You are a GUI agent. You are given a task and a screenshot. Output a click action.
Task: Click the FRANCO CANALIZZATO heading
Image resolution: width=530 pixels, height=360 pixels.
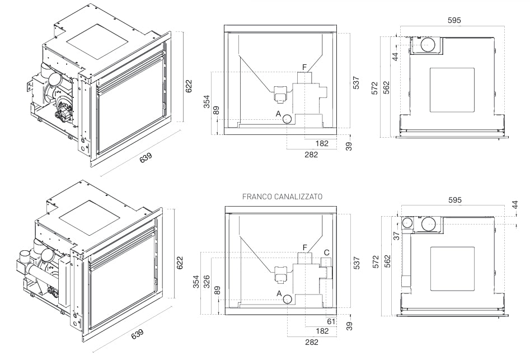pos(282,197)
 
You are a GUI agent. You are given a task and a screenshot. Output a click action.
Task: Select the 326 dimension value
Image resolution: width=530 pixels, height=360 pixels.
pos(207,282)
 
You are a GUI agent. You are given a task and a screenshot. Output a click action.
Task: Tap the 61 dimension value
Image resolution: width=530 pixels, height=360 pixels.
pos(331,321)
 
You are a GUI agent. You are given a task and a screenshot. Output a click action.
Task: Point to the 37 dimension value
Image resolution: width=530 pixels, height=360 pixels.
pos(396,235)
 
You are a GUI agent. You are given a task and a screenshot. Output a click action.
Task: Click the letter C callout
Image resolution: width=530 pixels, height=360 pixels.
pos(326,253)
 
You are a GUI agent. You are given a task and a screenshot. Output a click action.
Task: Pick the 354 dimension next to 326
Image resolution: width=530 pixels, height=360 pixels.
pos(196,282)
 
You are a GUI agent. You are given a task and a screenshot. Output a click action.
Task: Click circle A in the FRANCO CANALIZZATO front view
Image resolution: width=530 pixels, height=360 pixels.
pos(288,299)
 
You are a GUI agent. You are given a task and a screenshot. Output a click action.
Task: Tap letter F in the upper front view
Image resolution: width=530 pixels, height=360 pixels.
pos(304,67)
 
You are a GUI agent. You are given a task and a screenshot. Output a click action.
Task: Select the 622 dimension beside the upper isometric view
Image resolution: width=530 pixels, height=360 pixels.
pos(189,86)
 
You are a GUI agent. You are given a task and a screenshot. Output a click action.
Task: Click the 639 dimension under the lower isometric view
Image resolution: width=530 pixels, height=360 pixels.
pos(137,334)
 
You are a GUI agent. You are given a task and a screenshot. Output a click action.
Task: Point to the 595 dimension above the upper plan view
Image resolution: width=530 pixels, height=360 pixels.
pos(454,20)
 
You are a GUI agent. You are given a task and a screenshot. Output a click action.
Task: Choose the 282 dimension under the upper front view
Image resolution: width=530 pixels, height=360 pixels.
pos(311,155)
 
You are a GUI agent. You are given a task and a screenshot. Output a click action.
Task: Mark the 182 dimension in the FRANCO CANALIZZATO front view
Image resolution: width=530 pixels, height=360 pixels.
pos(322,330)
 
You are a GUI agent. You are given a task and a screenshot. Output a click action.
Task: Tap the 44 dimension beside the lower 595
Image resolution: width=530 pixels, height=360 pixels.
pos(515,204)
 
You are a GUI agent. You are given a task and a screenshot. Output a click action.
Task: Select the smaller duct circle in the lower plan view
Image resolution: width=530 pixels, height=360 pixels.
pos(408,223)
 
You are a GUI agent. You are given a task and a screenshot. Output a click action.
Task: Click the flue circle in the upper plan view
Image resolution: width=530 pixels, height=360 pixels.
pos(428,44)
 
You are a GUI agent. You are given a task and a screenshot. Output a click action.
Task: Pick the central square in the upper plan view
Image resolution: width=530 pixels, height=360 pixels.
pos(452,90)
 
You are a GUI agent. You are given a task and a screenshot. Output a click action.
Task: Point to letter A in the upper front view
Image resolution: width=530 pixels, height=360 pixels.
pos(278,114)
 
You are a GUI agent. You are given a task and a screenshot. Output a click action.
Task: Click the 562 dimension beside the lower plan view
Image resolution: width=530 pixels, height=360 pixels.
pos(387,261)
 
